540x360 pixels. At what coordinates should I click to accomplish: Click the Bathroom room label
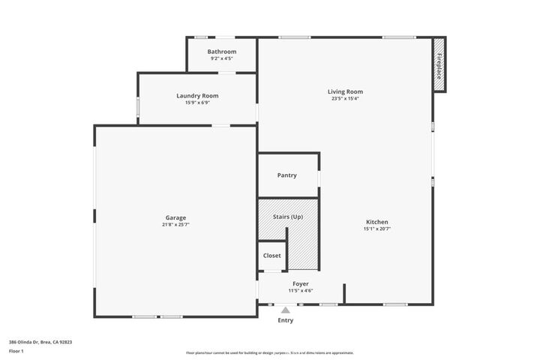[x=222, y=52]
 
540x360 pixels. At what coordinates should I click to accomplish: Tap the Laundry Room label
[x=197, y=95]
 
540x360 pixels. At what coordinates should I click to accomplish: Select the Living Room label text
[x=345, y=91]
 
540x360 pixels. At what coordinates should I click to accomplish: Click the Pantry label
[x=286, y=175]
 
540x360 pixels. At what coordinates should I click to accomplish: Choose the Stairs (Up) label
[x=288, y=217]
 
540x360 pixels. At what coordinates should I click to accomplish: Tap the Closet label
[x=271, y=256]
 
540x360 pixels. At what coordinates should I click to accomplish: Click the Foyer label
[x=301, y=284]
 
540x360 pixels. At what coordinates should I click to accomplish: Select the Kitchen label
[x=376, y=222]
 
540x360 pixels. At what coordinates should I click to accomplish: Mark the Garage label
[x=176, y=217]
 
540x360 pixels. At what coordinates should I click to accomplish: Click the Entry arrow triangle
[x=285, y=309]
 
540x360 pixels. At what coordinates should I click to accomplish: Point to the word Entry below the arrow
[x=286, y=320]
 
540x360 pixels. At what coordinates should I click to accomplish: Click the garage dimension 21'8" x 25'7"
[x=176, y=224]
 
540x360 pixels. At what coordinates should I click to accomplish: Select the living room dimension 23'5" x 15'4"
[x=345, y=98]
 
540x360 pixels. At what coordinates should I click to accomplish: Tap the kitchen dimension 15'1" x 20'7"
[x=376, y=229]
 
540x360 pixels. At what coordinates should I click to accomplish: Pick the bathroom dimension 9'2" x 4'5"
[x=222, y=58]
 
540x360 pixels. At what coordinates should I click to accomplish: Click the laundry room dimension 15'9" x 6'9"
[x=197, y=102]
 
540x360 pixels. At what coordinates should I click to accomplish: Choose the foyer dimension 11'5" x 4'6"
[x=301, y=291]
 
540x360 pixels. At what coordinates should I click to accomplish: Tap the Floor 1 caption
[x=16, y=351]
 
